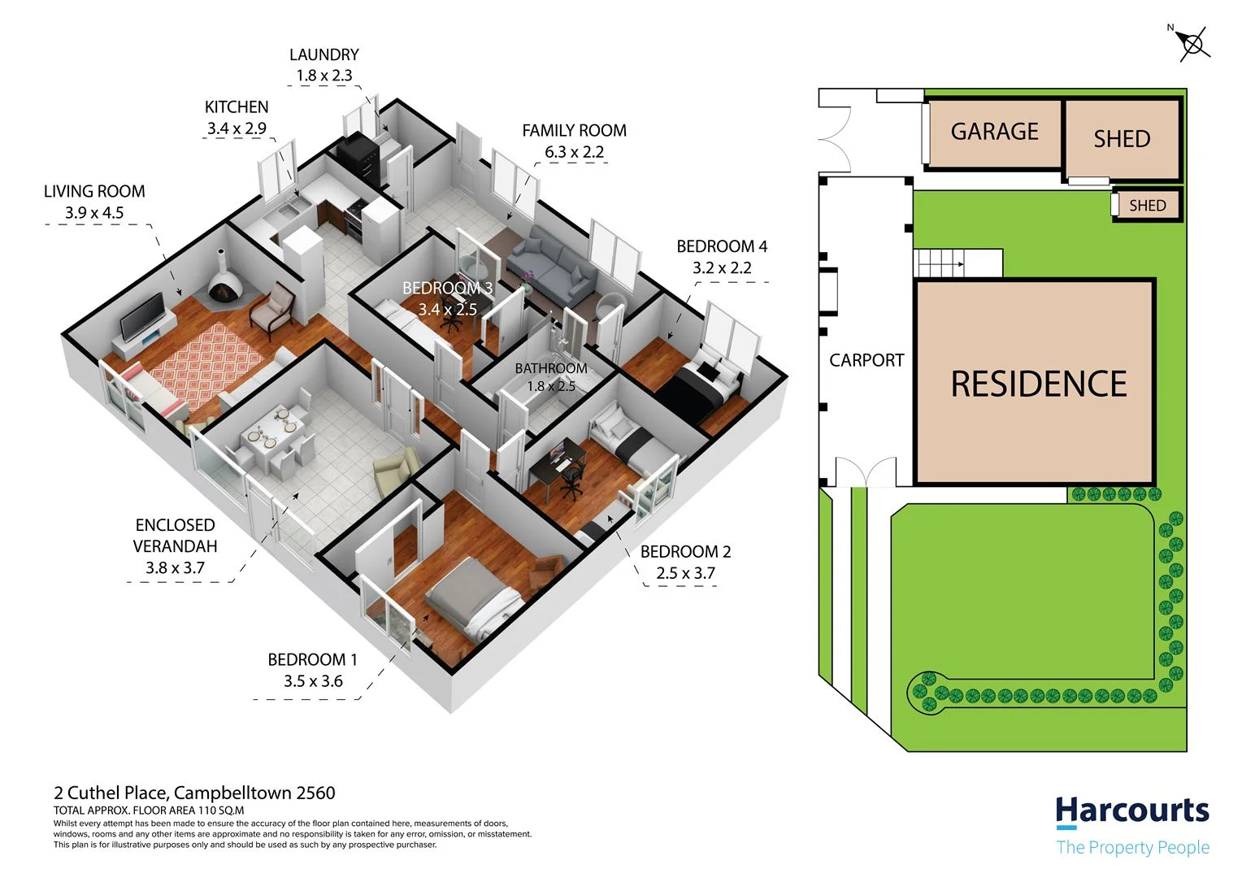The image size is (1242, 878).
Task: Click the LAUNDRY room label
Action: (x=324, y=54)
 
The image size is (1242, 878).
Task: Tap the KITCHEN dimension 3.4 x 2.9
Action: (x=237, y=128)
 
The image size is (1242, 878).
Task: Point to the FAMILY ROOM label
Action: (x=574, y=130)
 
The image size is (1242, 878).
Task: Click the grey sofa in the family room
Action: (x=552, y=265)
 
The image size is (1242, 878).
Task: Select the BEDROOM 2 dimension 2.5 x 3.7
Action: (x=685, y=573)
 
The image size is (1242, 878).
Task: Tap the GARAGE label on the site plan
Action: (x=994, y=132)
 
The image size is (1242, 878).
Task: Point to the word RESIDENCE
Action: (x=1039, y=385)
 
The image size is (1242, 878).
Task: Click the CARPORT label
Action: (x=866, y=360)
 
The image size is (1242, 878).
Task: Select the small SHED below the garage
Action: (x=1147, y=206)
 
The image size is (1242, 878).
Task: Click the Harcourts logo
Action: (x=1131, y=811)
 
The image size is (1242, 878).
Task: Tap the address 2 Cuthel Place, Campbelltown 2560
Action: (x=194, y=793)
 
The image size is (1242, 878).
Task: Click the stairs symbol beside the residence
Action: (x=943, y=263)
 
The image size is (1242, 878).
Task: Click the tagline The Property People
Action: (x=1132, y=848)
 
